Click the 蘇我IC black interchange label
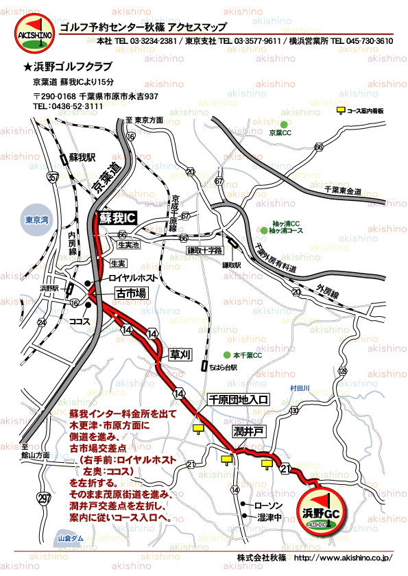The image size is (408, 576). pyautogui.click(x=117, y=217)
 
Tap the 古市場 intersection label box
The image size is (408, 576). pyautogui.click(x=131, y=293)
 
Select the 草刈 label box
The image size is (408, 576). pyautogui.click(x=180, y=354)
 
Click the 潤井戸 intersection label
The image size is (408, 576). pyautogui.click(x=248, y=432)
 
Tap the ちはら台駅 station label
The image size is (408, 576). pyautogui.click(x=223, y=368)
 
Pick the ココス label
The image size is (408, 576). pyautogui.click(x=80, y=320)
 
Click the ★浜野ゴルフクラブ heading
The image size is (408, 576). pyautogui.click(x=68, y=67)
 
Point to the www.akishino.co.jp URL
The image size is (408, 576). pyautogui.click(x=341, y=557)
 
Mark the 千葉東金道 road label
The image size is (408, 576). pyautogui.click(x=343, y=190)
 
